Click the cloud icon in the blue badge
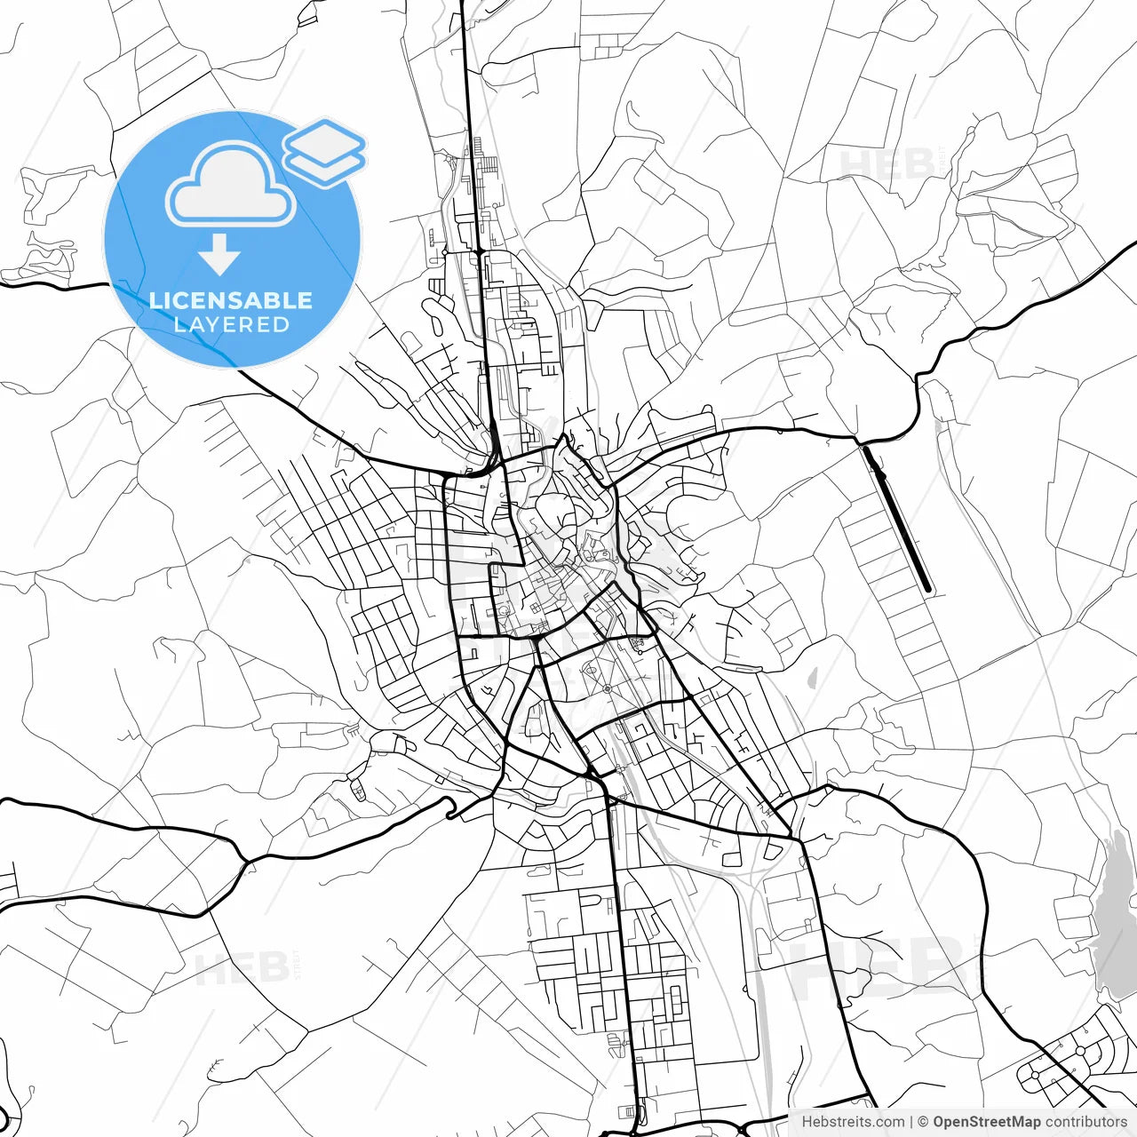point(231,185)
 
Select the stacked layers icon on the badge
point(325,152)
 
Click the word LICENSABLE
point(231,300)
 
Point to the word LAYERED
point(231,325)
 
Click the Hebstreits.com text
point(853,1122)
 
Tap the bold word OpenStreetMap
point(987,1122)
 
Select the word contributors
point(1085,1122)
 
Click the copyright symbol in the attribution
point(923,1122)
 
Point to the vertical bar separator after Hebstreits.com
point(911,1122)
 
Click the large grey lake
point(1115,915)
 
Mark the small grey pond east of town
point(812,679)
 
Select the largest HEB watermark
point(879,968)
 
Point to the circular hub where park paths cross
point(608,688)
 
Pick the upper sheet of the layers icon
point(325,139)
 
